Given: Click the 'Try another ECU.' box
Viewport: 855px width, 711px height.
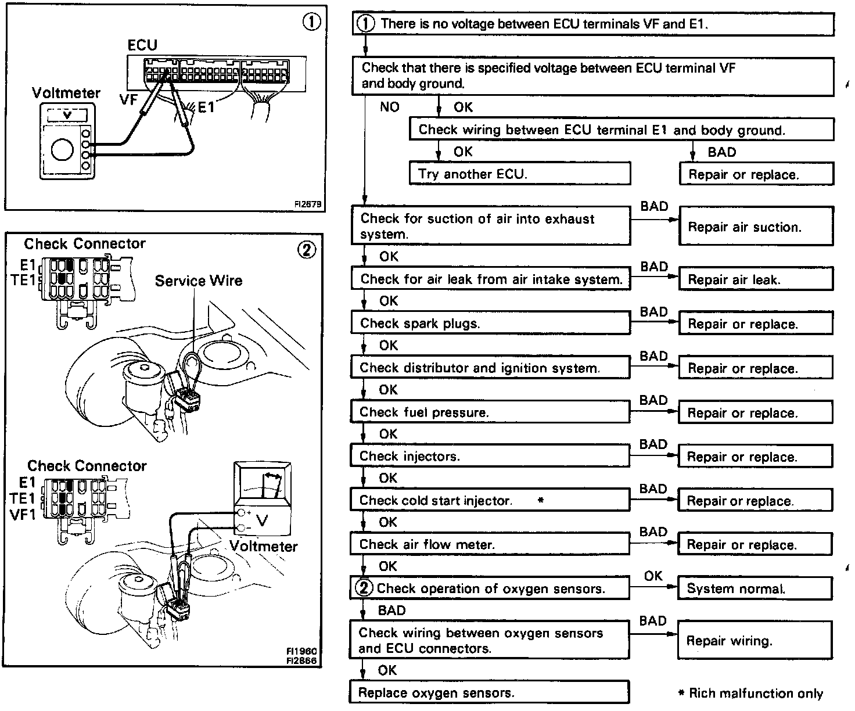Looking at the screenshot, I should [x=519, y=174].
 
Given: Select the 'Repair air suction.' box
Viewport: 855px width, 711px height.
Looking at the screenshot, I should [x=756, y=227].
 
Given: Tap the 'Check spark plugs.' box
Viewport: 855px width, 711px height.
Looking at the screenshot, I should [x=490, y=323].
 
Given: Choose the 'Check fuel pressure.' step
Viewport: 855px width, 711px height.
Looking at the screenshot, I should [x=490, y=412].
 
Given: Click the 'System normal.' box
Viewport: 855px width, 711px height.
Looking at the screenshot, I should [x=755, y=588].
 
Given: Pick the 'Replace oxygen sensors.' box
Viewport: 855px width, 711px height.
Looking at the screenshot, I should [x=488, y=692].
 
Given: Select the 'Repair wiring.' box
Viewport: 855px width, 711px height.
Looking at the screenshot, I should [x=755, y=641].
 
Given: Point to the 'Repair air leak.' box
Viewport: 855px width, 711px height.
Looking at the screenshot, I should [x=756, y=279].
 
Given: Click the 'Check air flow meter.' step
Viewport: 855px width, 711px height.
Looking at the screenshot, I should [x=490, y=544].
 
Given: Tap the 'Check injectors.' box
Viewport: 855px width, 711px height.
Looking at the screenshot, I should [x=490, y=456].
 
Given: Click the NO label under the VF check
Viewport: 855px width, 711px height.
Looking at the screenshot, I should [x=389, y=107].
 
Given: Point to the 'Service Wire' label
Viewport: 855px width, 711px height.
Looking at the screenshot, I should [x=198, y=281].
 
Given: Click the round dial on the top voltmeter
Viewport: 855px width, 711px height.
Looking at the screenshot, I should [x=62, y=150].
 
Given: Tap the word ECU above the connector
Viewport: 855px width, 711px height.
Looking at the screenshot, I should [x=142, y=45].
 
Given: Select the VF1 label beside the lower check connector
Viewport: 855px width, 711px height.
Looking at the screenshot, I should [x=23, y=514].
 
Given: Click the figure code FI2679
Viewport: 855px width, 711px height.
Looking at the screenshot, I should [x=308, y=204].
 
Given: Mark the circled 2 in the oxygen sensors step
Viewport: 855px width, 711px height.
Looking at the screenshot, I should [x=364, y=588].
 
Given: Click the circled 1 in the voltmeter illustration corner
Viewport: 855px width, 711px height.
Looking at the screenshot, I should [x=311, y=22].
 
